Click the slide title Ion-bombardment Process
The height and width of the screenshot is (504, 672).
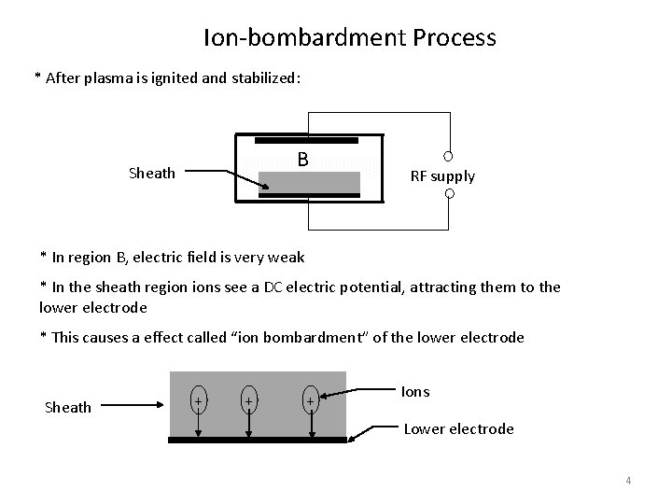click(349, 38)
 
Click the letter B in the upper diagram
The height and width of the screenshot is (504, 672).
click(302, 160)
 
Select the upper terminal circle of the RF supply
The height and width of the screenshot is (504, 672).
click(448, 156)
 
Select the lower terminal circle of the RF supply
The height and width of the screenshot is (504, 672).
click(448, 194)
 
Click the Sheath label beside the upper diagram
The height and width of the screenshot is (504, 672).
click(150, 173)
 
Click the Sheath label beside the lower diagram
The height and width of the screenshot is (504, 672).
click(69, 407)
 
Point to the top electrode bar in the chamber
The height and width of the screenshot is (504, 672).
click(306, 140)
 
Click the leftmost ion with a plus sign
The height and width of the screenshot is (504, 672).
click(199, 400)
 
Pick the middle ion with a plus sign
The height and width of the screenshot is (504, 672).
click(249, 400)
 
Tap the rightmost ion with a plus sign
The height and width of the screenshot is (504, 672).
click(310, 400)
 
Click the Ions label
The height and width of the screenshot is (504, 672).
click(415, 391)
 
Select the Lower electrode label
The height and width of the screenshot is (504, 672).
click(458, 428)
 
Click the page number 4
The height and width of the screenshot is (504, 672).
click(628, 481)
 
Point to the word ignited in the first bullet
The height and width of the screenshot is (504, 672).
click(171, 78)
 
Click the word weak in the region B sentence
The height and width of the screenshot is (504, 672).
click(285, 257)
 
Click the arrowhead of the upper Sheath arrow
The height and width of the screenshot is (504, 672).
click(266, 188)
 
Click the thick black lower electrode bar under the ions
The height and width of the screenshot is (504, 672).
click(258, 438)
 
